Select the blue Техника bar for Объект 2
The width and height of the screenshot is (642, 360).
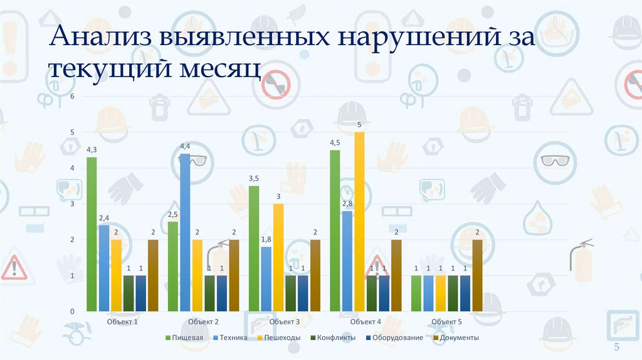(x=185, y=232)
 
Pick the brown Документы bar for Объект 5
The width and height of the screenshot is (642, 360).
(x=477, y=275)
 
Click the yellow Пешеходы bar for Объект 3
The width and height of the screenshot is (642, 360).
(x=278, y=257)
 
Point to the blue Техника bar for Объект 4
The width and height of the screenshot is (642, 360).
(x=347, y=261)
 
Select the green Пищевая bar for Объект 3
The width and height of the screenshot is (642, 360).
(x=254, y=248)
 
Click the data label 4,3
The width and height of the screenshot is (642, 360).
(x=92, y=150)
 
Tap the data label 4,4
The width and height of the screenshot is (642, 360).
(x=185, y=146)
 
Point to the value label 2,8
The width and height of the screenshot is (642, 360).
(x=347, y=204)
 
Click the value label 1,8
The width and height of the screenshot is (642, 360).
(x=266, y=240)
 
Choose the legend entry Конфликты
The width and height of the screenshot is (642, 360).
(x=333, y=337)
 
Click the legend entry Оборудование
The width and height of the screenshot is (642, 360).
(x=396, y=337)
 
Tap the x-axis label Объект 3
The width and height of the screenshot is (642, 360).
(x=285, y=322)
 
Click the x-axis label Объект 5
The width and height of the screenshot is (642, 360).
(x=446, y=322)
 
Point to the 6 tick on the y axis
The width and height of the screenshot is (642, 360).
(x=72, y=97)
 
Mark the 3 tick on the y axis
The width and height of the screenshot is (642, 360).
(x=72, y=204)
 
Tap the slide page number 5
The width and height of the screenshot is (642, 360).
(x=616, y=348)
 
